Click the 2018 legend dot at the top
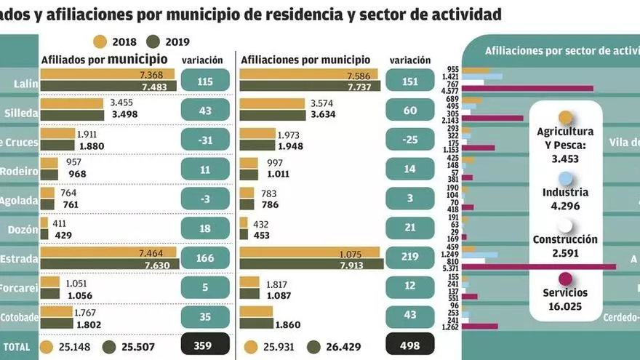click(100, 41)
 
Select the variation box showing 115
click(205, 81)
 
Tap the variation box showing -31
click(205, 140)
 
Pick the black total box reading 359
click(205, 346)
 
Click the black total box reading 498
click(410, 346)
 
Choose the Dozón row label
click(20, 228)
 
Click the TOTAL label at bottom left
click(17, 347)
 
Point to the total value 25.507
click(135, 347)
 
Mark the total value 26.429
click(340, 347)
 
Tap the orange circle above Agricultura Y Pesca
click(565, 118)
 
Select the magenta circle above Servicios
click(565, 278)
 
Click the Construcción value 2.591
click(565, 253)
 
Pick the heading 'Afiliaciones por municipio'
click(305, 60)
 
